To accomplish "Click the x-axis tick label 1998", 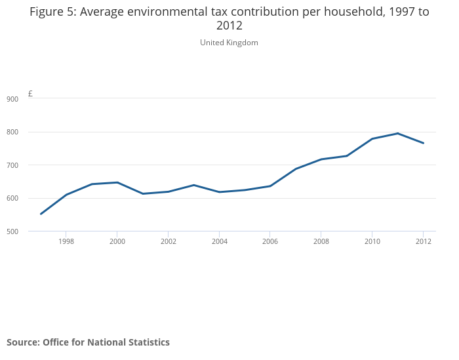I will click(x=66, y=241).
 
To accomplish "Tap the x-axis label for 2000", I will click(x=117, y=241).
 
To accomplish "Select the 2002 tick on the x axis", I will click(x=169, y=241).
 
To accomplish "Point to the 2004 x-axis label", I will click(x=219, y=241).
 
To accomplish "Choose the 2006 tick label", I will click(x=270, y=241).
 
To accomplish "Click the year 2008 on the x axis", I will click(x=321, y=241).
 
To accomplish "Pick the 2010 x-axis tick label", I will click(x=372, y=241).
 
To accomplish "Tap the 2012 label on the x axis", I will click(x=423, y=241).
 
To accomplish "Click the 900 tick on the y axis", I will click(x=12, y=99).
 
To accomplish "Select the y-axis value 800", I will click(x=12, y=132).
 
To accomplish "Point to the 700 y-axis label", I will click(x=12, y=165).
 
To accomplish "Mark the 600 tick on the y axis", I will click(x=12, y=199).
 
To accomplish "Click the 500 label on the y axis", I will click(x=12, y=231).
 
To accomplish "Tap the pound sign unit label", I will click(x=30, y=94).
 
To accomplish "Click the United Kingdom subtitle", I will click(x=229, y=43).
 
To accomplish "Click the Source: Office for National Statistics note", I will click(x=88, y=342).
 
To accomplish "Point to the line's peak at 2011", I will click(x=397, y=133).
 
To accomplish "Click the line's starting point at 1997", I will click(x=41, y=214).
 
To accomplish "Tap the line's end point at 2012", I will click(x=423, y=143).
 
